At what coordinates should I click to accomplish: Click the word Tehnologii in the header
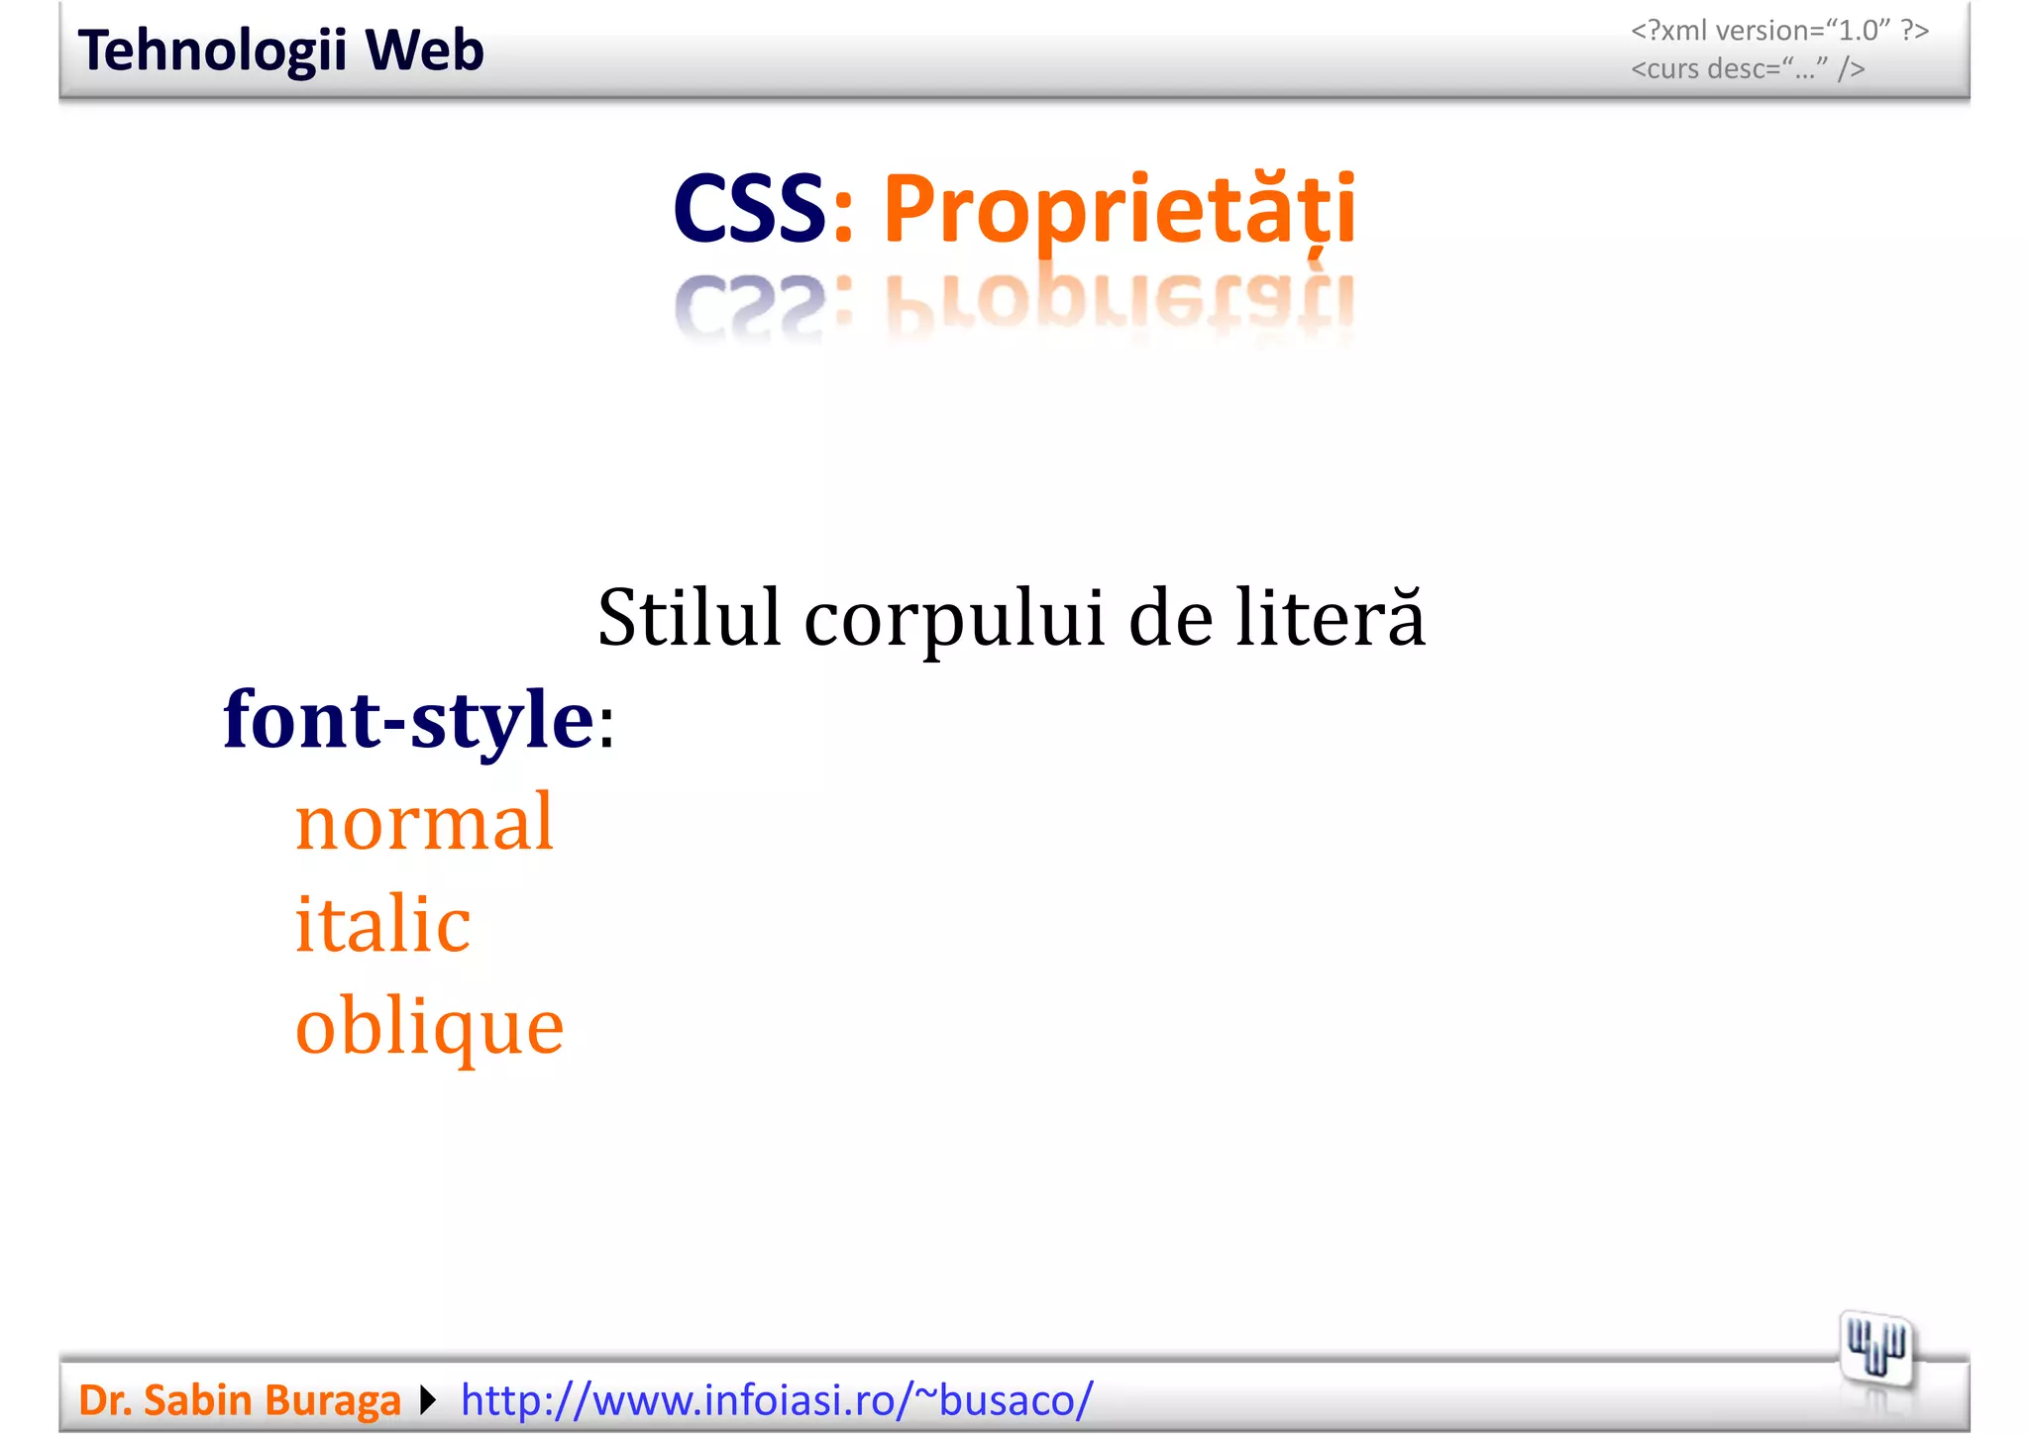coord(211,51)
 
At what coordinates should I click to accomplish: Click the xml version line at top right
coord(1779,31)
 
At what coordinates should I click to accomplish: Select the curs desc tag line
coord(1748,69)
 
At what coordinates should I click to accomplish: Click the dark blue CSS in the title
coord(748,209)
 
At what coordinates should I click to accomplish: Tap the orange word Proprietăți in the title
coord(1119,211)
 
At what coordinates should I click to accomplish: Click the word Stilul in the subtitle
coord(690,618)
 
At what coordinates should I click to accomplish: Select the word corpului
coord(954,620)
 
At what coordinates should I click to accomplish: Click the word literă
coord(1331,618)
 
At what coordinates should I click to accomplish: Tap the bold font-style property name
coord(408,720)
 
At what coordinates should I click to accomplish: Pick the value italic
coord(382,923)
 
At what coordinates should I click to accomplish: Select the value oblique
coord(429,1027)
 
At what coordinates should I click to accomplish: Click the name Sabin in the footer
coord(199,1400)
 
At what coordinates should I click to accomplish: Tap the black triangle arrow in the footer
coord(428,1400)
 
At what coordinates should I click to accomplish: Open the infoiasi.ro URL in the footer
coord(777,1400)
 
